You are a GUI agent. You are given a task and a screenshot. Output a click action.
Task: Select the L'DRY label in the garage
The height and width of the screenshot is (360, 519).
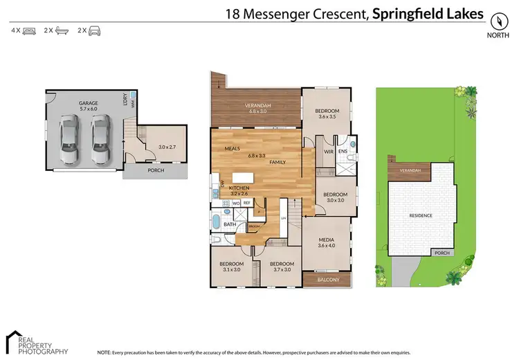coord(125,100)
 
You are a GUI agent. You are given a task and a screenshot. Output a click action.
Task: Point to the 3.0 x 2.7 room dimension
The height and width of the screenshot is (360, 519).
coord(167,147)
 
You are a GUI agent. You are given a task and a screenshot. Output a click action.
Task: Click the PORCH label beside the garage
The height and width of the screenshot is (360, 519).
coord(155,170)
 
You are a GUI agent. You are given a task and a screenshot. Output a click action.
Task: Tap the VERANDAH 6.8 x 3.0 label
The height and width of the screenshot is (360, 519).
coord(256,109)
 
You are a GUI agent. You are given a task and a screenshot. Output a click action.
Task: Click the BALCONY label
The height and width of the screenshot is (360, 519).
coord(327,280)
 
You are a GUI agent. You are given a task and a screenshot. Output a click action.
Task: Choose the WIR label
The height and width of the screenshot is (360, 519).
coord(329,151)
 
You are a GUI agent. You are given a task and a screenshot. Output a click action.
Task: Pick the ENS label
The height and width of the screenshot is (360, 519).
coord(342,151)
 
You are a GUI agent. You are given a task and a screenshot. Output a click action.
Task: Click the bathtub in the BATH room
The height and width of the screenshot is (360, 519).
coord(216,223)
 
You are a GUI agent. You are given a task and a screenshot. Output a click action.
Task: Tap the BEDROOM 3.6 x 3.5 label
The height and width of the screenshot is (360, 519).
coord(327,114)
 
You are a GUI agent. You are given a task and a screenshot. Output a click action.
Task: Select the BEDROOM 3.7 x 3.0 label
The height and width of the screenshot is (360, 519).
coord(282,267)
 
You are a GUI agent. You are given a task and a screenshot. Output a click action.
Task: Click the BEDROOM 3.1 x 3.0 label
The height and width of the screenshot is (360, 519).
coord(231,267)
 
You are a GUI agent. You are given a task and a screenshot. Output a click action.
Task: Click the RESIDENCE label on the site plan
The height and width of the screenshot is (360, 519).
coord(421,215)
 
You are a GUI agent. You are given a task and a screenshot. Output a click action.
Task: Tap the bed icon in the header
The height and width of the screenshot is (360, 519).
coord(28,30)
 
